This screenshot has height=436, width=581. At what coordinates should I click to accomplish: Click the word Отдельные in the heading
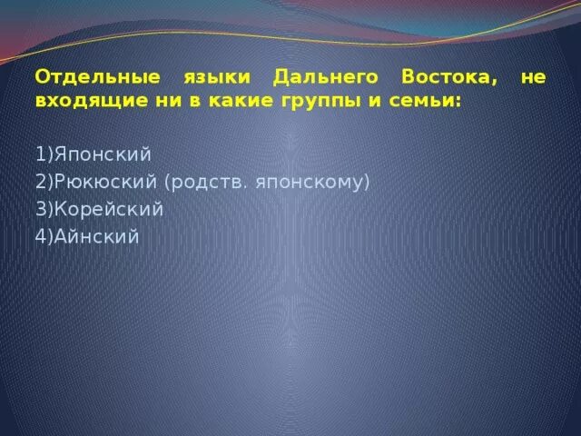point(86,78)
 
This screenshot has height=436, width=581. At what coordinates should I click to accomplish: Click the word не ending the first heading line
point(534,78)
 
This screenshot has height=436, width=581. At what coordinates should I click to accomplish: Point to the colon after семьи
point(458,102)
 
